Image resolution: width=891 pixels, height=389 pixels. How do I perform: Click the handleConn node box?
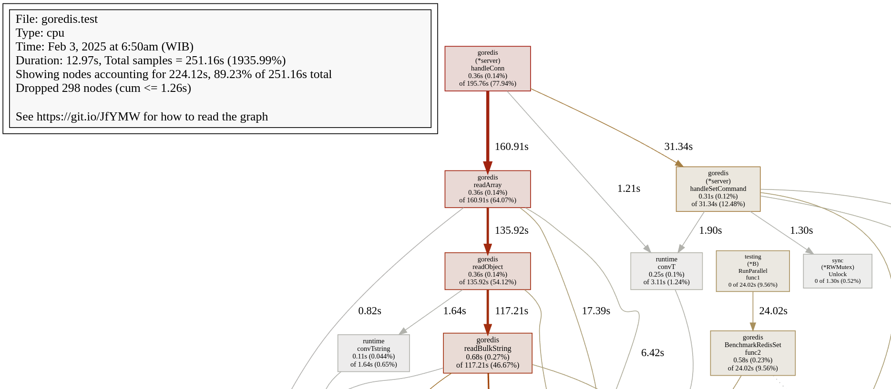tap(487, 69)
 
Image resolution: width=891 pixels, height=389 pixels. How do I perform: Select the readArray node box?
tap(487, 189)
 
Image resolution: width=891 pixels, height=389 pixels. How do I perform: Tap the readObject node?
tap(487, 271)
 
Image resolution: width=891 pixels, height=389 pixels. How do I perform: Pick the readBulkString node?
tap(487, 353)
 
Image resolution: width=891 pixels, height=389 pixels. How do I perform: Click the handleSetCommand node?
tap(718, 189)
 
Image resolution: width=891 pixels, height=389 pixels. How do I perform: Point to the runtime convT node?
tap(666, 271)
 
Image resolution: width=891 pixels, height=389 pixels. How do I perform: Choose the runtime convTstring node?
tap(373, 353)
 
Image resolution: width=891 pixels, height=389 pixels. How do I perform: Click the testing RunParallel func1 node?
tap(752, 271)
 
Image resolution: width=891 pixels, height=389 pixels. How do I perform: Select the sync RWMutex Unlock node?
tap(837, 271)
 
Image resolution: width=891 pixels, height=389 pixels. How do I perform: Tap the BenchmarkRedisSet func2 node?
tap(752, 353)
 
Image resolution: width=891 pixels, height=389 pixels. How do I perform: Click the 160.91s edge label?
tap(511, 147)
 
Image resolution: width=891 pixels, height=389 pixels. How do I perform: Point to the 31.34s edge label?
tap(678, 147)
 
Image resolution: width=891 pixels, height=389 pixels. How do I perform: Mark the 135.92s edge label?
tap(511, 230)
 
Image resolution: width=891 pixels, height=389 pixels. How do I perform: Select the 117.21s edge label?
tap(511, 311)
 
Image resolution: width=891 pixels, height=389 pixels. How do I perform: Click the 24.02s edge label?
tap(773, 311)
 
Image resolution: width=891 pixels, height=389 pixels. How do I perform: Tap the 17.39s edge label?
tap(595, 311)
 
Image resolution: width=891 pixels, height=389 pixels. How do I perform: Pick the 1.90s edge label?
tap(710, 230)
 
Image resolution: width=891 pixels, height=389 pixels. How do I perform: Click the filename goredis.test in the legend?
tap(69, 19)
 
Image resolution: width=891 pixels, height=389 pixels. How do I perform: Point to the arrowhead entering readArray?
tap(487, 167)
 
